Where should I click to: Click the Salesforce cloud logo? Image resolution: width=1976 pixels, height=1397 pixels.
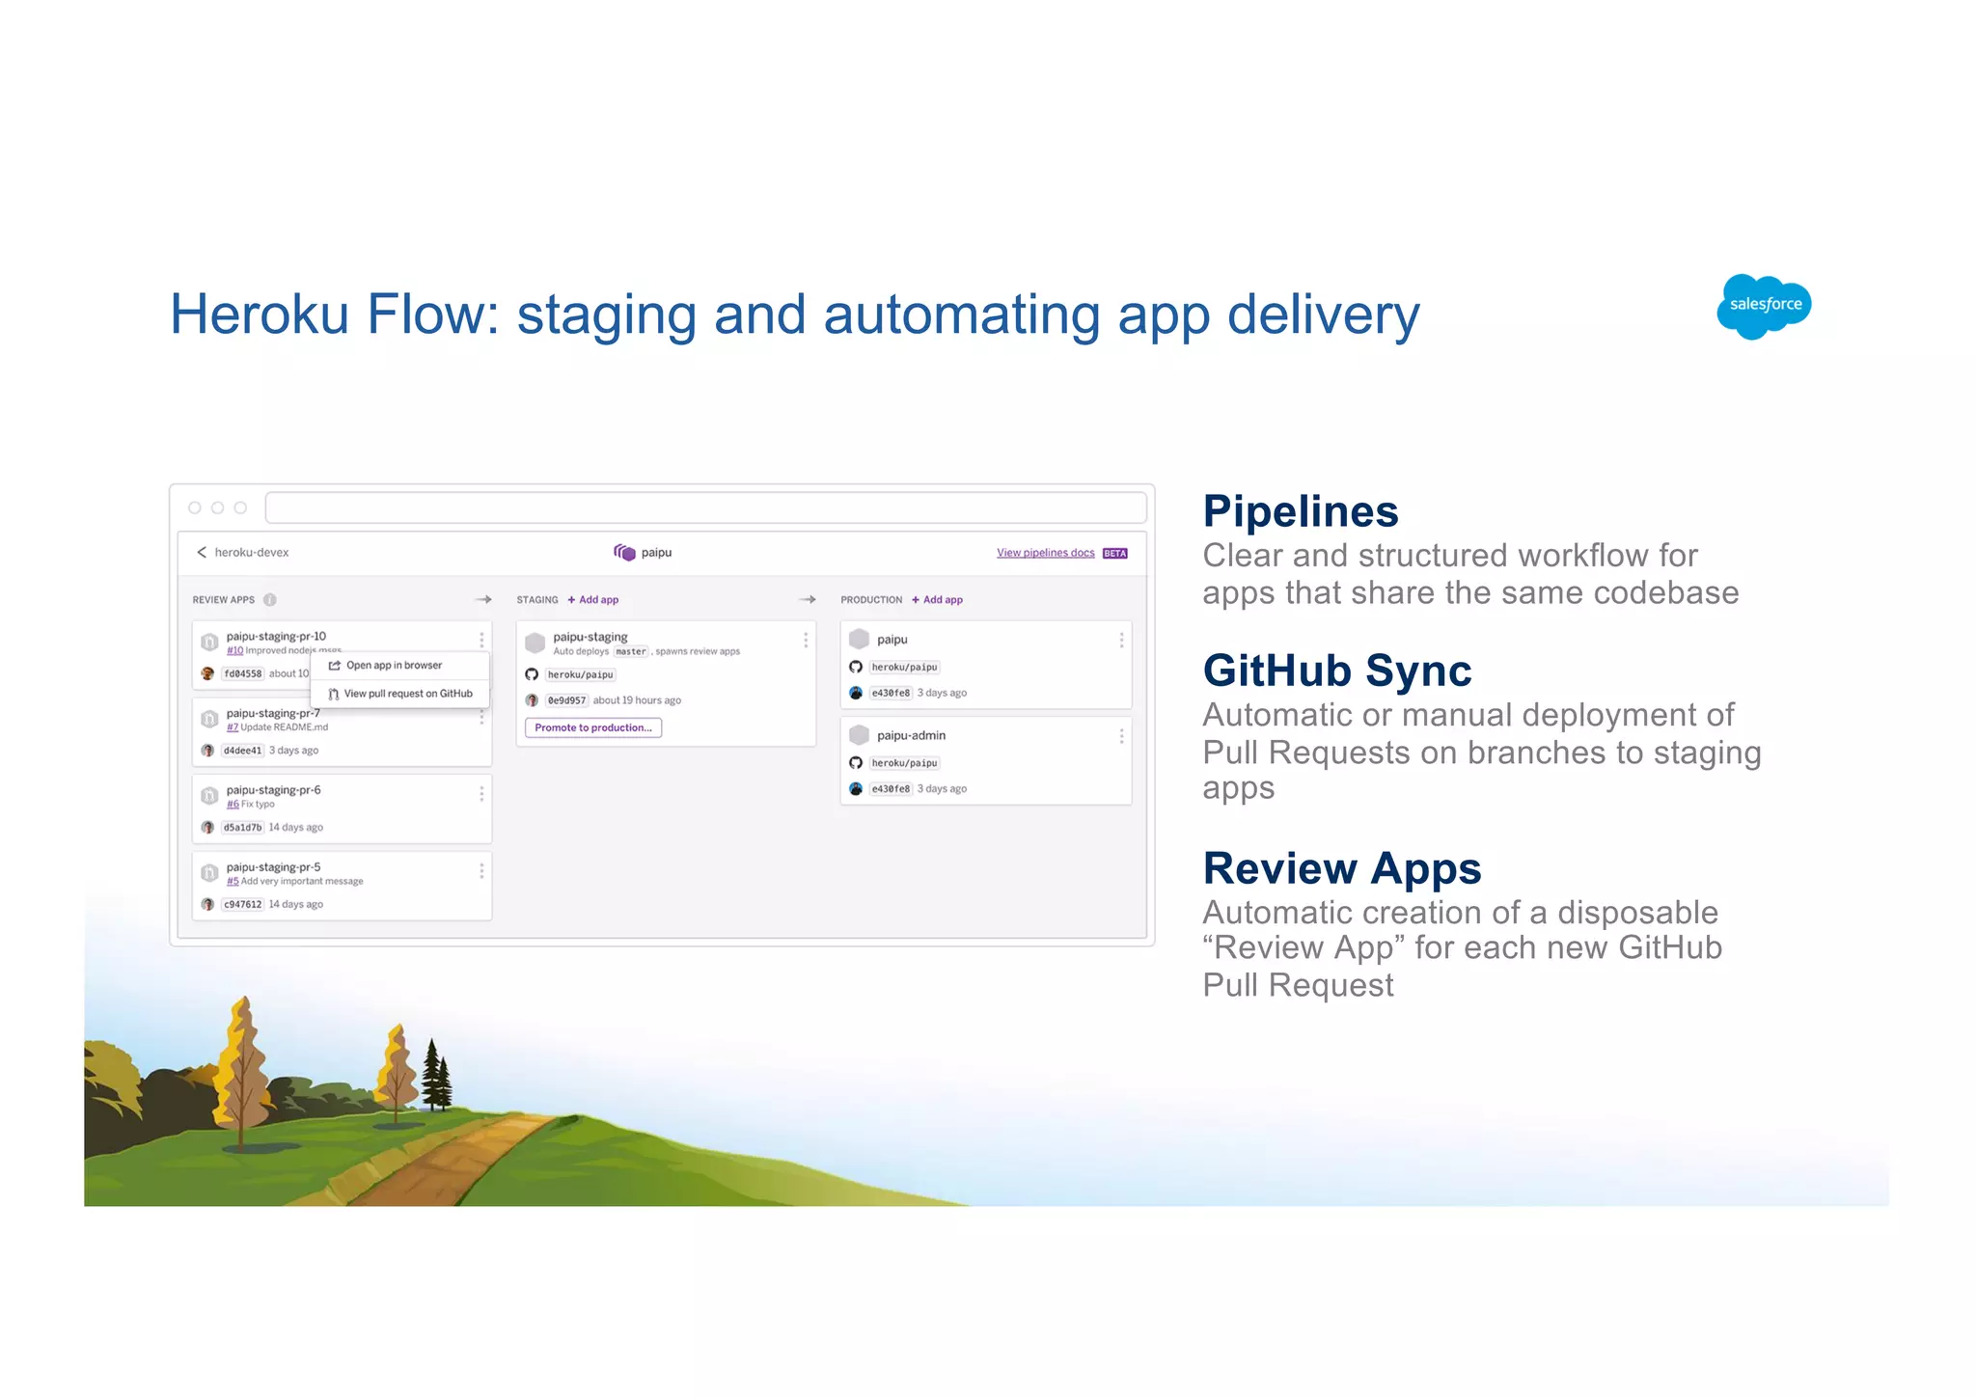tap(1764, 306)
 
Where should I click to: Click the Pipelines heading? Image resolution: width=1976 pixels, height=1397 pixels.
tap(1300, 511)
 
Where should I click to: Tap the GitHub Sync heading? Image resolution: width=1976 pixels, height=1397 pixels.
tap(1336, 671)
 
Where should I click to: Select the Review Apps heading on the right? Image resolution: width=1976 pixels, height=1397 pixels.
tap(1341, 868)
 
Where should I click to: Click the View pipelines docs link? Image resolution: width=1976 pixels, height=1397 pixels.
tap(1045, 553)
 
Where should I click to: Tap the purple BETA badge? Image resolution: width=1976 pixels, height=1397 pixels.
tap(1115, 554)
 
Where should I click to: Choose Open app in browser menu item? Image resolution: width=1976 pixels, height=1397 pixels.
tap(394, 666)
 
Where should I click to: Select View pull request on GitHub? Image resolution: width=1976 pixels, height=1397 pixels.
tap(407, 694)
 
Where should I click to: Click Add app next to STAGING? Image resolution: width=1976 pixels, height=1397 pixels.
tap(594, 600)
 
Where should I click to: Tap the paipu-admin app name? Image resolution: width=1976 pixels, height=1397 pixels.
tap(911, 735)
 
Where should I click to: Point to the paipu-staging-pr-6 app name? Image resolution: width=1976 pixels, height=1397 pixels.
tap(273, 790)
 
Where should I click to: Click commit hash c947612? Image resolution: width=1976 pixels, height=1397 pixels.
tap(242, 905)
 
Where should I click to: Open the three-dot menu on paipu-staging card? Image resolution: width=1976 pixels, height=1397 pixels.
tap(806, 641)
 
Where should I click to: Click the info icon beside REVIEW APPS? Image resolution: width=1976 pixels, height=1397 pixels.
tap(270, 600)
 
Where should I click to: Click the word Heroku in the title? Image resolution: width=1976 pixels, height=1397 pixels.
tap(259, 315)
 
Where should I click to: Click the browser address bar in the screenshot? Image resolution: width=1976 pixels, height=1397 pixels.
tap(705, 507)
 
